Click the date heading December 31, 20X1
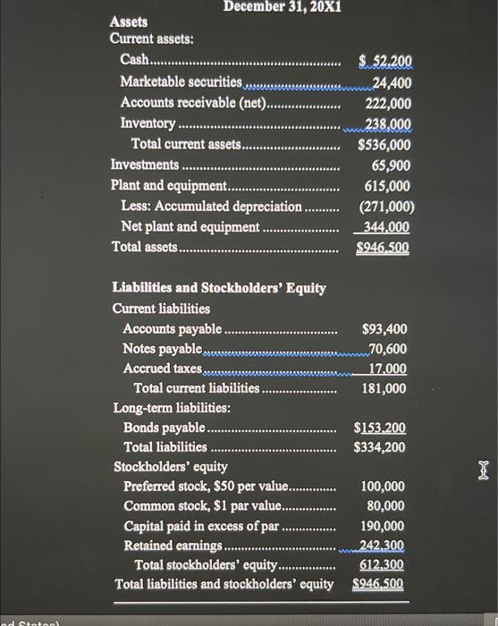pyautogui.click(x=283, y=8)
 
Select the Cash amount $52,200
pyautogui.click(x=384, y=62)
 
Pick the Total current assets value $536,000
pyautogui.click(x=384, y=144)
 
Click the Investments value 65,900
pyautogui.click(x=391, y=165)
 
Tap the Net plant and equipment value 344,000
pyautogui.click(x=388, y=227)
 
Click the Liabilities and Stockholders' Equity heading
pyautogui.click(x=219, y=288)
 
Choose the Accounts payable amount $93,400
pyautogui.click(x=385, y=329)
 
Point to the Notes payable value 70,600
pyautogui.click(x=388, y=349)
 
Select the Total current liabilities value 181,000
pyautogui.click(x=384, y=388)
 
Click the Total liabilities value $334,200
pyautogui.click(x=381, y=446)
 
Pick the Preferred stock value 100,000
pyautogui.click(x=383, y=487)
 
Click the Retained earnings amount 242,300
pyautogui.click(x=383, y=546)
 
